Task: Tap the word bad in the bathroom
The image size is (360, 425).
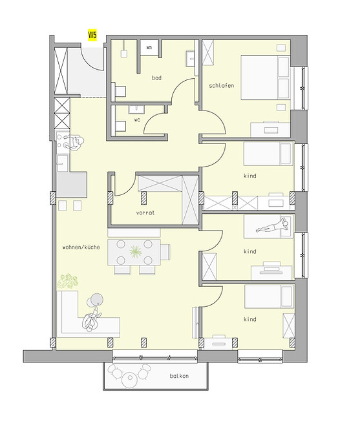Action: click(156, 78)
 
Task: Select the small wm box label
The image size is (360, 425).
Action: click(149, 47)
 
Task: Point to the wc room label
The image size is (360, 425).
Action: click(138, 119)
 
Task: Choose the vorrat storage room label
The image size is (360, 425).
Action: click(145, 212)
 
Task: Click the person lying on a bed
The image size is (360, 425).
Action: click(271, 226)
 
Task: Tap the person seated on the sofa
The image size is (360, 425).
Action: click(90, 320)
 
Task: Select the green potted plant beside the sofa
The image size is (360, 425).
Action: click(67, 281)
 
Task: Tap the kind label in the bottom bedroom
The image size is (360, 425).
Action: click(250, 319)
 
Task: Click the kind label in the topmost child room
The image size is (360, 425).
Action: click(250, 176)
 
